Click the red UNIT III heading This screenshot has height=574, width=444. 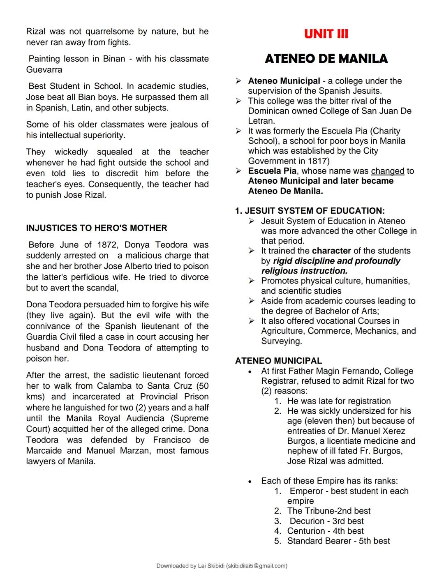click(x=326, y=34)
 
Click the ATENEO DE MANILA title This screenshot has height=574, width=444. click(x=326, y=59)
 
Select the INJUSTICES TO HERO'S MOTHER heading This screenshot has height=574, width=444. click(x=97, y=228)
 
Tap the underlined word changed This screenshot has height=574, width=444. click(x=388, y=171)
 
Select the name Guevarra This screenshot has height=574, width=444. click(x=44, y=70)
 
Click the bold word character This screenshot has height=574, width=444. click(x=331, y=251)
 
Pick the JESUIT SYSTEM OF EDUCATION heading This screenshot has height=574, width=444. click(x=310, y=211)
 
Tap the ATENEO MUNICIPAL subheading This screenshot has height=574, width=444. click(x=278, y=361)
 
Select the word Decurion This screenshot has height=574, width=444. click(x=307, y=521)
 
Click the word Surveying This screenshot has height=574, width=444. click(x=282, y=341)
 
